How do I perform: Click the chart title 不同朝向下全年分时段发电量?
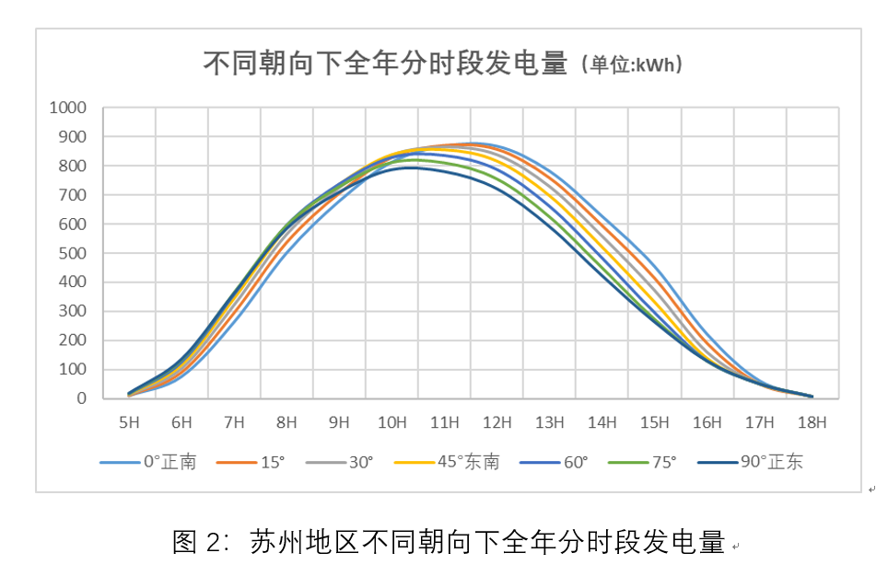(384, 63)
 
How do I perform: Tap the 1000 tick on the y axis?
(67, 108)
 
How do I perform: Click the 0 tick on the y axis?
(81, 398)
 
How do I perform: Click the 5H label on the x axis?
(129, 422)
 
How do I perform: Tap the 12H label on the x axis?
(497, 422)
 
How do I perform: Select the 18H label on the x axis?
(813, 422)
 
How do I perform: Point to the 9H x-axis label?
(340, 422)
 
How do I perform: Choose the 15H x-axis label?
(655, 422)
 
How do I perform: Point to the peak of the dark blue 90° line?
(410, 167)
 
